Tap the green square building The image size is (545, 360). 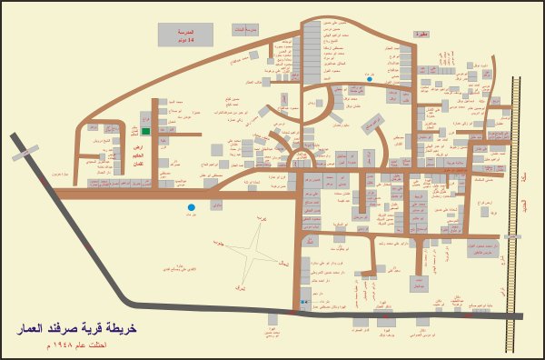[145, 131]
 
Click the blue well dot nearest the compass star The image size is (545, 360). [191, 208]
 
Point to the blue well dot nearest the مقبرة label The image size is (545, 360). [370, 79]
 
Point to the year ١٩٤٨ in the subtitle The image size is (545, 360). [77, 346]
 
